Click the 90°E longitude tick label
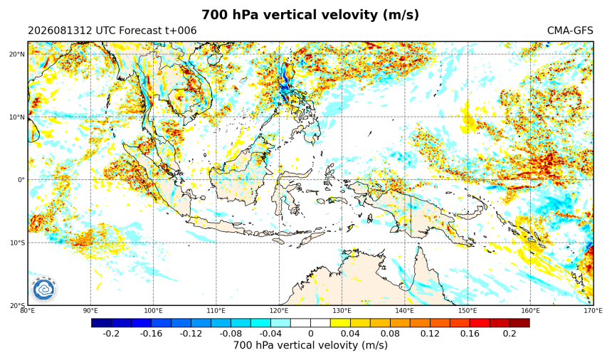[90, 311]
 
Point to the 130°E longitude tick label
[342, 311]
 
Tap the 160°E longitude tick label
[530, 311]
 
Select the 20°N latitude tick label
[17, 54]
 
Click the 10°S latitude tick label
[17, 243]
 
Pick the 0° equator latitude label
[21, 180]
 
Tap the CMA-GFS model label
[570, 31]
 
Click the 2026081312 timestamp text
[60, 31]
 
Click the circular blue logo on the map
[43, 290]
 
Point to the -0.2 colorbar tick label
[111, 334]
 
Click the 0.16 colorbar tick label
[470, 334]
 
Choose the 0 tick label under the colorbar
[311, 334]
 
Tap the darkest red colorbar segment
[519, 323]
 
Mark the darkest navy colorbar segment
[102, 323]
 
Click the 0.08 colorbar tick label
[390, 334]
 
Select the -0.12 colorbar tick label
[191, 334]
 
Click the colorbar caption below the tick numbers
[311, 346]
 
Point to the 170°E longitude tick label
[593, 311]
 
